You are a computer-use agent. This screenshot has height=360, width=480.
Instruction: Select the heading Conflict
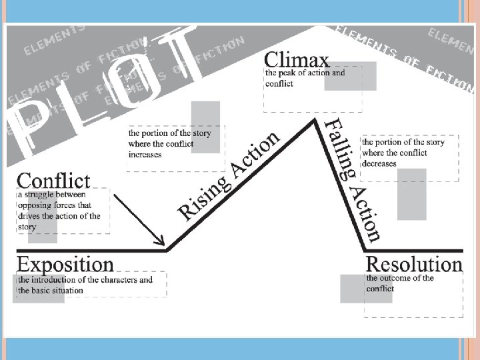tap(53, 180)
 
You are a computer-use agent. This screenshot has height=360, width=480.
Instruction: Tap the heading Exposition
tap(65, 263)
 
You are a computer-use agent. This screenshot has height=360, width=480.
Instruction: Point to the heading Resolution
tap(414, 264)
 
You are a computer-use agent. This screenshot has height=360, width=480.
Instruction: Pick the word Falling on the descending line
tap(340, 149)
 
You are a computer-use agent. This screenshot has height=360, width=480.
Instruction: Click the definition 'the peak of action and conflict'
tap(305, 78)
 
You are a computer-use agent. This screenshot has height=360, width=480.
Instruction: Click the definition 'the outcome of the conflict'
tap(400, 283)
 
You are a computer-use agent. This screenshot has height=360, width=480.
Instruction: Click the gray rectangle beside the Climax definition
tap(359, 77)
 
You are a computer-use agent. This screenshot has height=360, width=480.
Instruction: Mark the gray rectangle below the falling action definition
tap(411, 194)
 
